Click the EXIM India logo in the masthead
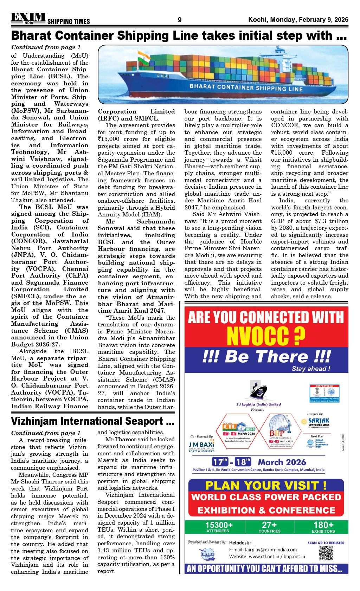click(x=28, y=18)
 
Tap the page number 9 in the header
click(x=180, y=20)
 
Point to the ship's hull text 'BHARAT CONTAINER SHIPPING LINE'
click(x=246, y=87)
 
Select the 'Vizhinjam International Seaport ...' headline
click(x=93, y=421)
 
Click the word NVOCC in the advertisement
click(x=266, y=336)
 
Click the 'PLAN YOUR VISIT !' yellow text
click(x=266, y=485)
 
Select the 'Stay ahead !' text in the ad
click(x=311, y=369)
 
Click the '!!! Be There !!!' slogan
click(x=266, y=356)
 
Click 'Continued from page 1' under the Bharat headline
click(x=46, y=47)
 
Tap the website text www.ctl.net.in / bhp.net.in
click(x=267, y=557)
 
